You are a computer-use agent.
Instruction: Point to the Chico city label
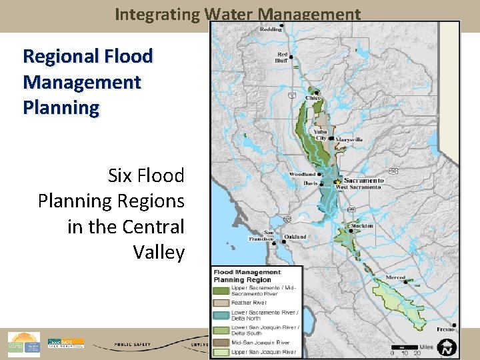point(313,98)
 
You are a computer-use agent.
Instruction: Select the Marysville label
point(349,139)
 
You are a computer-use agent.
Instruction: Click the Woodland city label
point(302,175)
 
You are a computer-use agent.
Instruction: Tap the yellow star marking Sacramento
point(338,181)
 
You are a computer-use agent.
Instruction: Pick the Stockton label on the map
point(362,226)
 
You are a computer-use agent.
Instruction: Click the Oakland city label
point(295,237)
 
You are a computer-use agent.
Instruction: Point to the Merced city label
point(396,277)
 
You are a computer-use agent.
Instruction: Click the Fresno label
point(446,329)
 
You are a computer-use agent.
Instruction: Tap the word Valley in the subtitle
point(159,252)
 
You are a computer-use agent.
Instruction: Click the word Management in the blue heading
point(81,82)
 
